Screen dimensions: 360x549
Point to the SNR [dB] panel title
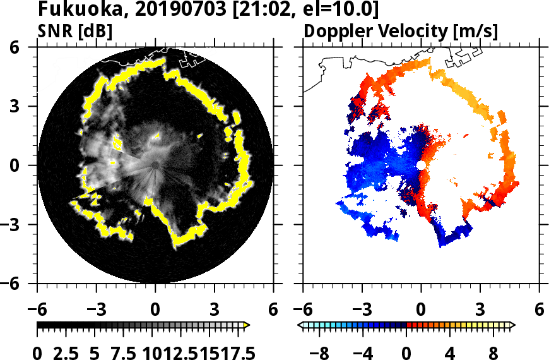75,30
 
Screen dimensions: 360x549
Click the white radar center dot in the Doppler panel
421,165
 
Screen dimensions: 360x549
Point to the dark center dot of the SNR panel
155,165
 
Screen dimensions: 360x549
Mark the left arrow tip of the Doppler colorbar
300,325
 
